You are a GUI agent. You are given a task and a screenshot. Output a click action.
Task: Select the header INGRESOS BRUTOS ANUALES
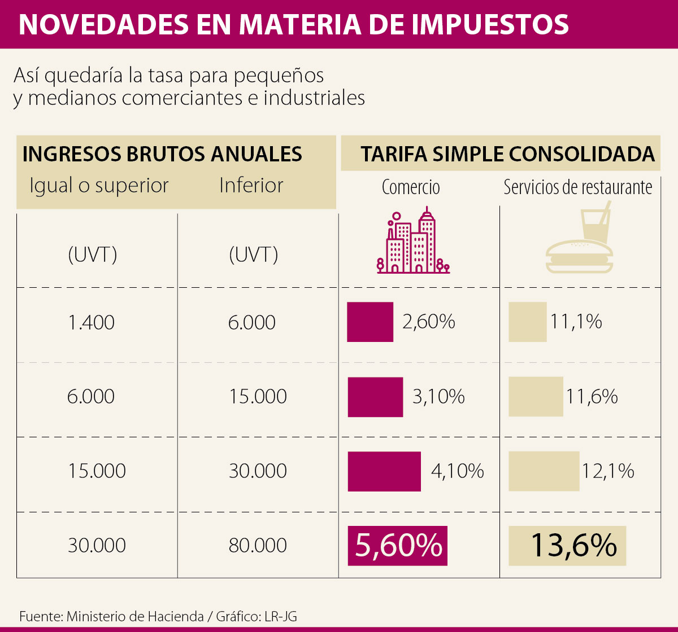(x=162, y=154)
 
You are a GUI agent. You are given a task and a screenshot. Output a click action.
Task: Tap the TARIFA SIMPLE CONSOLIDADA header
(x=507, y=154)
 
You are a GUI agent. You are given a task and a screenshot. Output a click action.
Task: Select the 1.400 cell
(x=91, y=323)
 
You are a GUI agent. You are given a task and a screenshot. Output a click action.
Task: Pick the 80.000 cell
(x=258, y=546)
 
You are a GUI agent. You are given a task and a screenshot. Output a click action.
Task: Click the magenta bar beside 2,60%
(x=370, y=322)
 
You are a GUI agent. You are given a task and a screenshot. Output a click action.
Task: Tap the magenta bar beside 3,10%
(x=375, y=397)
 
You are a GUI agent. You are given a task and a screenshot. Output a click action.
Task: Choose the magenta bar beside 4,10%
(x=384, y=471)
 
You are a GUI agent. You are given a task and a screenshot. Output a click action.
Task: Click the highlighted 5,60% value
(x=398, y=546)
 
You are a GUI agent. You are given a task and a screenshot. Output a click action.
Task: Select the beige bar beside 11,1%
(x=527, y=322)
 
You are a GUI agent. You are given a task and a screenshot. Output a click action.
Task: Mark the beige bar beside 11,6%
(x=536, y=397)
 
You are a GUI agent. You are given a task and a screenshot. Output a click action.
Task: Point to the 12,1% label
(x=608, y=471)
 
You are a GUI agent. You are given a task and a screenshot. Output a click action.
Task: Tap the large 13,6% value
(x=573, y=546)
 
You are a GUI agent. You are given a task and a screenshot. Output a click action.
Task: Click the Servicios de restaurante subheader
(x=578, y=187)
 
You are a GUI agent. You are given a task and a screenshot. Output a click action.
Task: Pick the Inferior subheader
(x=251, y=186)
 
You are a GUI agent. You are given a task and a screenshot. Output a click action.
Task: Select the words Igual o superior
(x=99, y=186)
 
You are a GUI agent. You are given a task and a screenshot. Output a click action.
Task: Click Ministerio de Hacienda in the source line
(x=135, y=616)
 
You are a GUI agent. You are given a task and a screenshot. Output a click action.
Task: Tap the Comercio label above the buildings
(x=411, y=187)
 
